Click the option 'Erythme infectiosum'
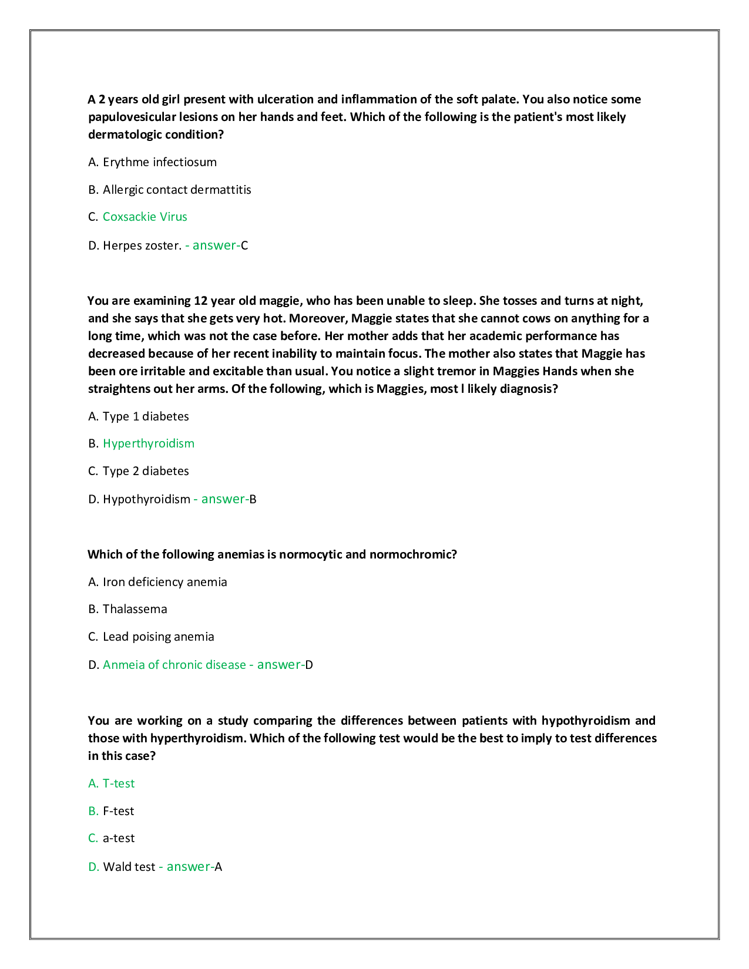(x=159, y=162)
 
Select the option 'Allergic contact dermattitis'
(x=177, y=190)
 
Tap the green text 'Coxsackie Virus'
(x=145, y=217)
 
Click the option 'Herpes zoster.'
(x=142, y=245)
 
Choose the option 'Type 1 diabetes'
(x=146, y=416)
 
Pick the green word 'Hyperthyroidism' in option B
(x=149, y=443)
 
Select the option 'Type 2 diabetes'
(x=146, y=471)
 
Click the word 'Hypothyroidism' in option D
(x=146, y=499)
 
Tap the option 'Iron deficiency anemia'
(x=164, y=582)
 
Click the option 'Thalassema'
(x=135, y=609)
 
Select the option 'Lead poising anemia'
(x=158, y=637)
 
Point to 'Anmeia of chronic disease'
(x=174, y=665)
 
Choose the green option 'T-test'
(x=118, y=783)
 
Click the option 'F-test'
(x=118, y=811)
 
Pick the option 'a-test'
(x=118, y=838)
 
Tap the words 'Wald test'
(x=129, y=867)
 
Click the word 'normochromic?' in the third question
(x=413, y=554)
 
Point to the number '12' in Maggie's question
(x=200, y=301)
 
